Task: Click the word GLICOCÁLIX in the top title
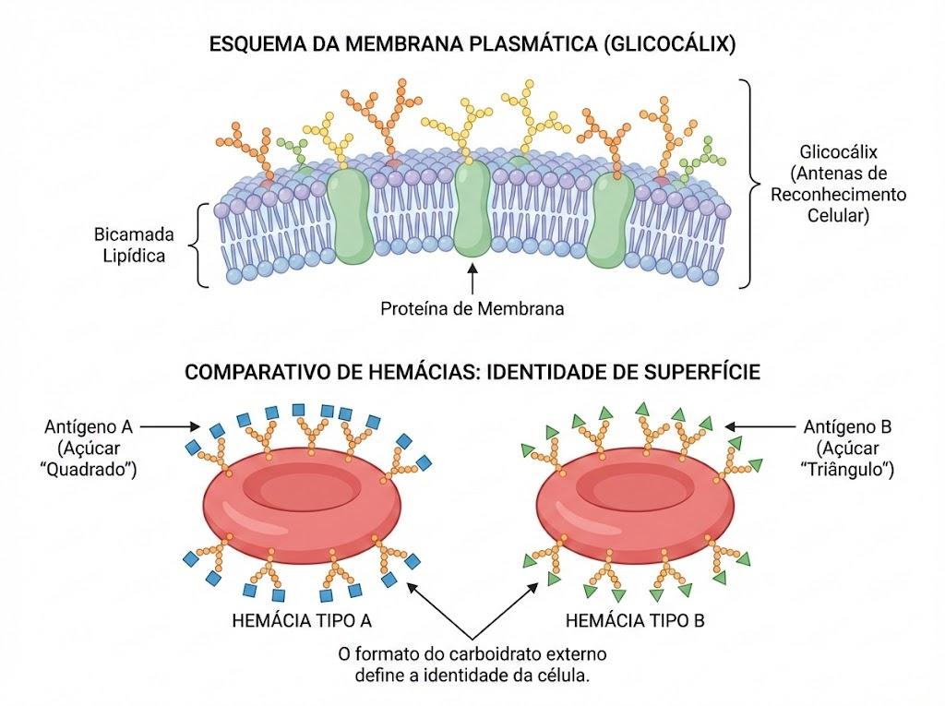click(669, 44)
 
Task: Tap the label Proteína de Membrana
click(472, 308)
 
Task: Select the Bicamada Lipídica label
click(134, 245)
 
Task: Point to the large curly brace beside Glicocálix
click(750, 184)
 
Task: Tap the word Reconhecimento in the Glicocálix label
click(838, 194)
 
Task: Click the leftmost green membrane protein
click(350, 216)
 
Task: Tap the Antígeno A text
click(88, 427)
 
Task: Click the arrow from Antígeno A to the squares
click(170, 427)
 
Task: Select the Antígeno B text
click(847, 427)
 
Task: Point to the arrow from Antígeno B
click(760, 427)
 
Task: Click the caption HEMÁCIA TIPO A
click(302, 620)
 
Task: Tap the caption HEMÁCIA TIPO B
click(635, 620)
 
